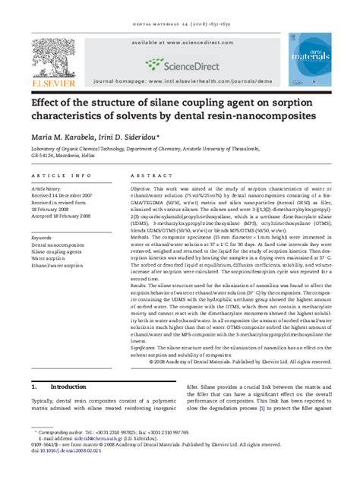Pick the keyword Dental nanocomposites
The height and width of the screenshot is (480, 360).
point(58,246)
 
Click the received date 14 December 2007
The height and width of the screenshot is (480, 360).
point(67,195)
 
